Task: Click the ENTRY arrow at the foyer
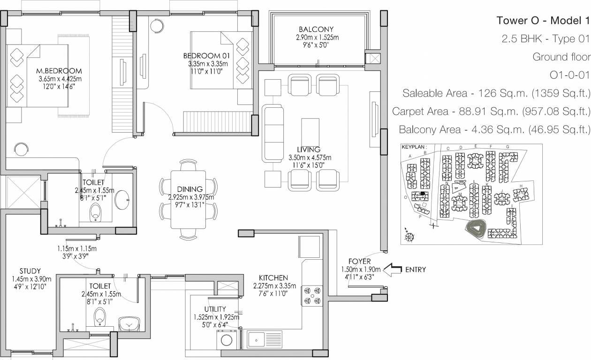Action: coord(393,270)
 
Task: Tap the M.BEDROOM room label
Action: coord(60,71)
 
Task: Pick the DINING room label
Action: coord(187,190)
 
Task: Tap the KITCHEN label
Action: coord(274,278)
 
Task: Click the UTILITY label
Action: coord(215,309)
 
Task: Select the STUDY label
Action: coord(30,271)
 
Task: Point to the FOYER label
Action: coord(360,262)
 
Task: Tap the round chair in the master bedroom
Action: coord(21,150)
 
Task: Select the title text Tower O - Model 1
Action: coord(542,21)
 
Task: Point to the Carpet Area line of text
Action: coord(491,112)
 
